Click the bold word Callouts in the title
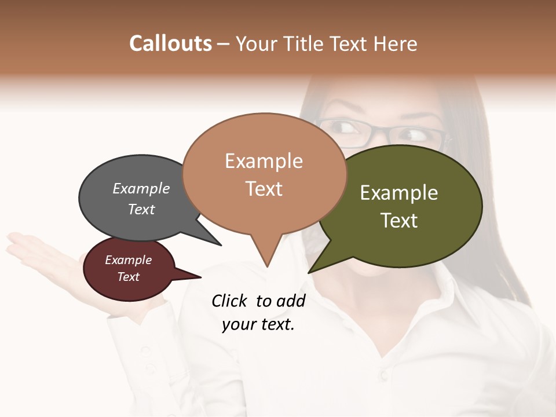(170, 43)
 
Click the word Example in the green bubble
(399, 193)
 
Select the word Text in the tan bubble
(264, 189)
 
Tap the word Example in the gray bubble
(141, 188)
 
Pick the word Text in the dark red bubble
(129, 277)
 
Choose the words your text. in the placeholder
(258, 324)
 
